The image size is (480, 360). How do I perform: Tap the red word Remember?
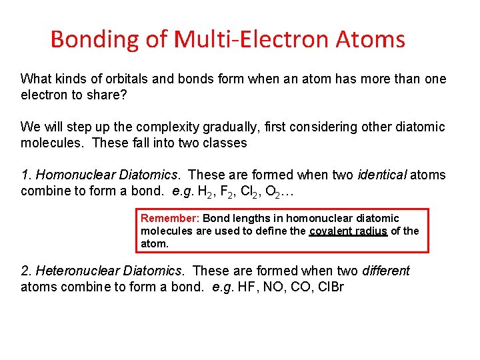click(170, 218)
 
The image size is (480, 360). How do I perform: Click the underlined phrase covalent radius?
click(348, 231)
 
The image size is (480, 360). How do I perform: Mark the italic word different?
click(385, 271)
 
